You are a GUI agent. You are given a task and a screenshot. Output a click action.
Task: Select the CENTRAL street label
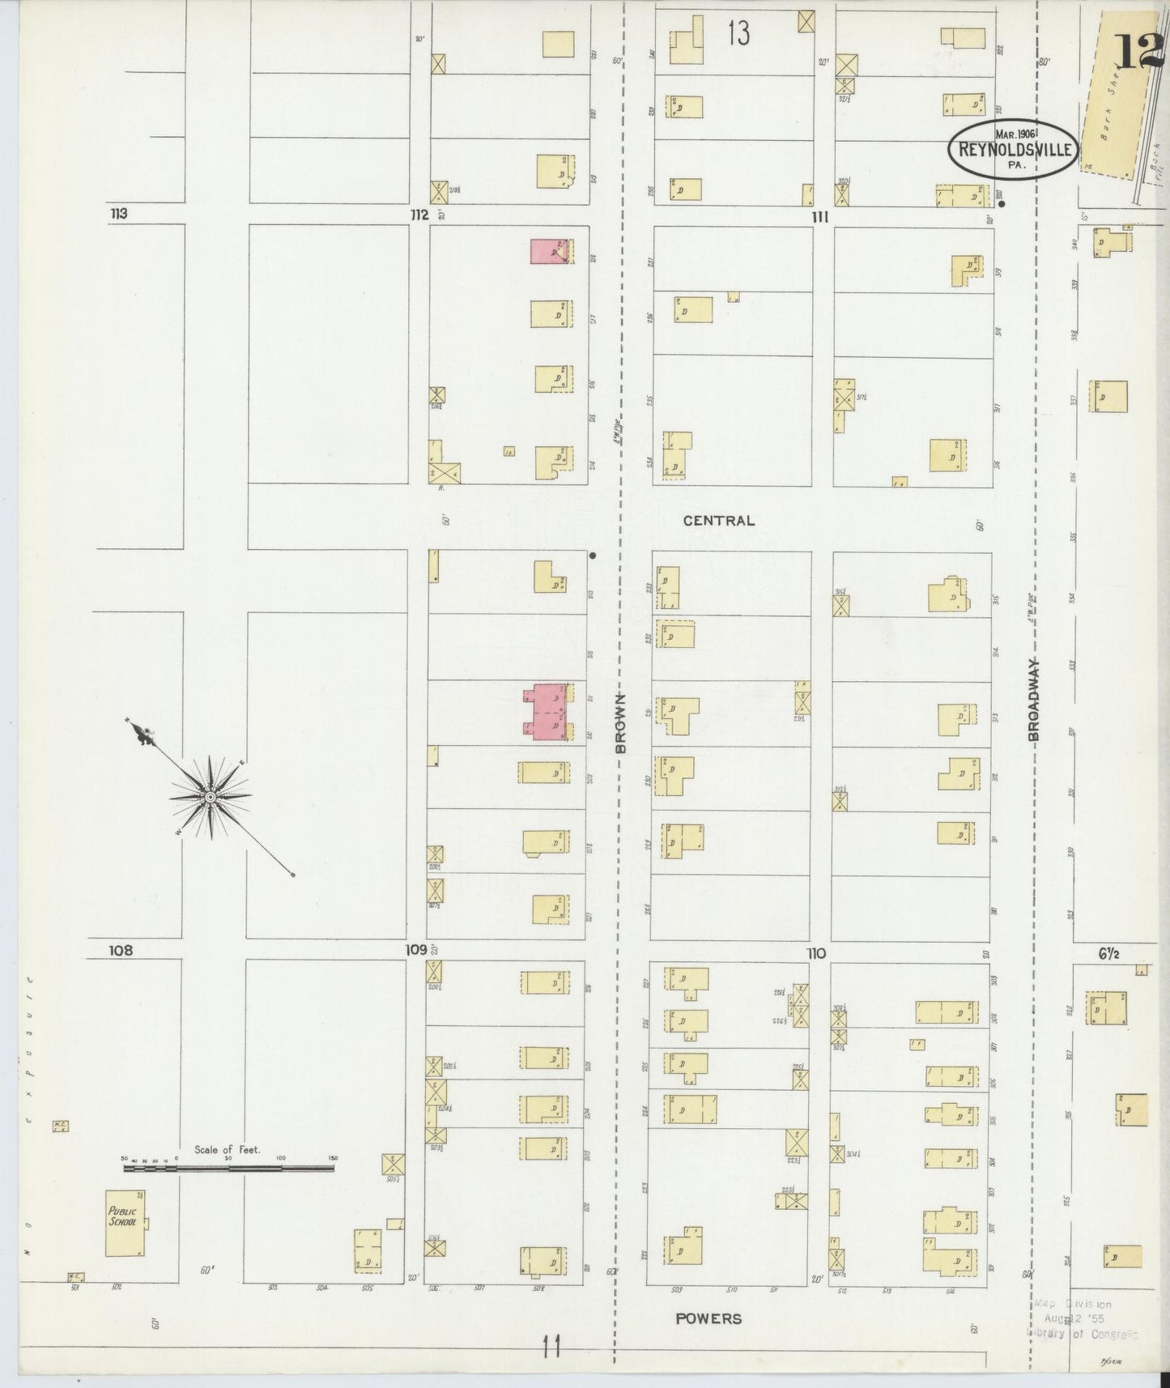coord(718,521)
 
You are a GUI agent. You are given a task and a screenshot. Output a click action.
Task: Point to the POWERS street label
coord(708,1318)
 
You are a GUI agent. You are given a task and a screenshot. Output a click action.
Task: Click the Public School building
coord(126,1222)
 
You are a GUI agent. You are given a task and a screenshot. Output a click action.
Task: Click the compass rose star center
coord(210,798)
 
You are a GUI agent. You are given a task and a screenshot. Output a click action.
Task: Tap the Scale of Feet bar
coord(228,1168)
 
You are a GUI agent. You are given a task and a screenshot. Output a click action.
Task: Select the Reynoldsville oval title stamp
coord(1015,149)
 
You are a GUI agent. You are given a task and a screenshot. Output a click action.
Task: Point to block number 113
coord(119,215)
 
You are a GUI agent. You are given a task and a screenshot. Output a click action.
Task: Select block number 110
coord(815,954)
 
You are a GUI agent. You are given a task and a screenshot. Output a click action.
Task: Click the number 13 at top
coord(738,33)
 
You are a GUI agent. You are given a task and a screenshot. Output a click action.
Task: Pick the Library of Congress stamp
coord(1083,1318)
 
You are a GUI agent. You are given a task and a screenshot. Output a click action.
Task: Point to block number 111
coord(820,217)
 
